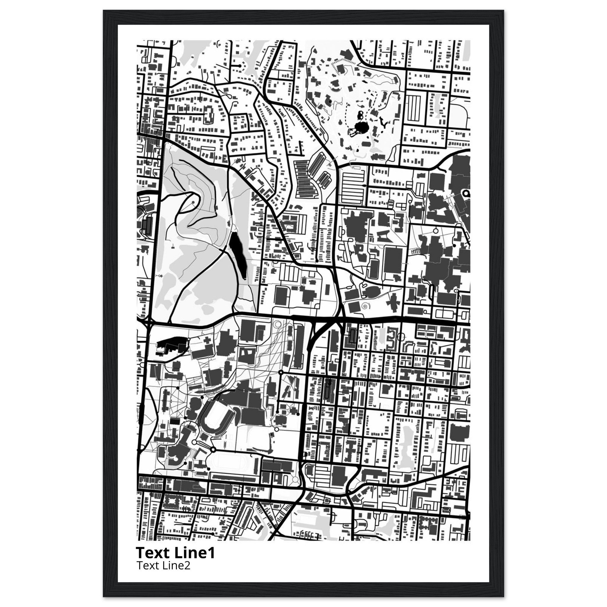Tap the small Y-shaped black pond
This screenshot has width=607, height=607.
pos(382,121)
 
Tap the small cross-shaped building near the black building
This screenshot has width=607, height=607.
pos(208,341)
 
